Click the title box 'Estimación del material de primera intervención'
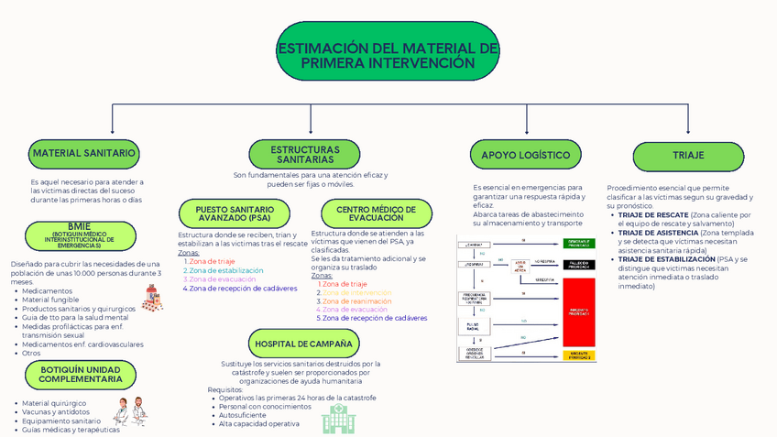[388, 51]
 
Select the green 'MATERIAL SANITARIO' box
[83, 154]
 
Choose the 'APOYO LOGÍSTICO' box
[526, 155]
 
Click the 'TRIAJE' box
[688, 155]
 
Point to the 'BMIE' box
[79, 235]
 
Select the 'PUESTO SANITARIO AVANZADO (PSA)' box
[234, 214]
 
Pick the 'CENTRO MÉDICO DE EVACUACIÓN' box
[376, 213]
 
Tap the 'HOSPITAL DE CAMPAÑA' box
[303, 344]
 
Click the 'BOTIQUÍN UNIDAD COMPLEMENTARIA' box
[81, 374]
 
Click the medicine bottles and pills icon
[152, 297]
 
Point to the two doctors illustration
[130, 411]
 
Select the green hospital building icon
[337, 419]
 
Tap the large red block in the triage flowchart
[578, 311]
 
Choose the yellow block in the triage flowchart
[578, 355]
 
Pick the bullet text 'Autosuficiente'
[244, 415]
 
